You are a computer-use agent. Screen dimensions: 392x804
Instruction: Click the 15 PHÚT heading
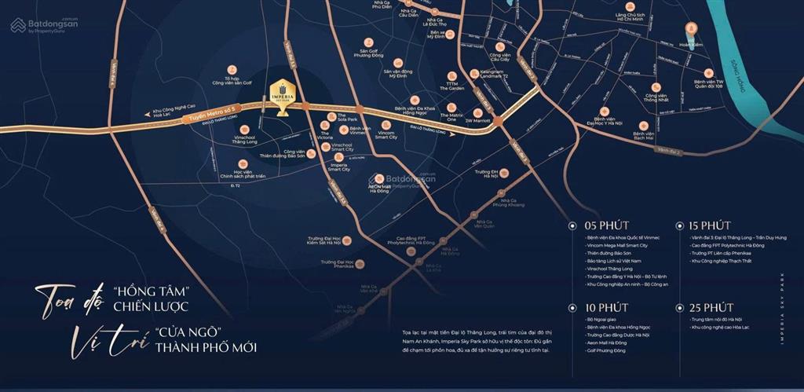710,225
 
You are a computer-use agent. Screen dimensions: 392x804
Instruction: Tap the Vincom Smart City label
386,135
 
